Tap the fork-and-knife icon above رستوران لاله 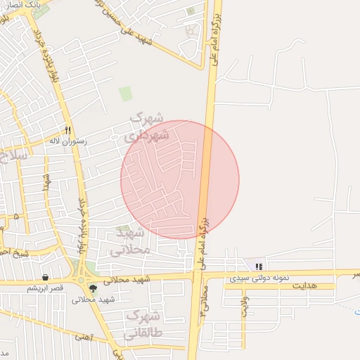(x=67, y=130)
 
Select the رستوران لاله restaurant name (x=67, y=141)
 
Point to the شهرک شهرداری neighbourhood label (x=147, y=127)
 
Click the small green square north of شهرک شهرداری (x=125, y=94)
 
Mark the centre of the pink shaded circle (x=180, y=180)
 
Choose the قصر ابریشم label (x=45, y=288)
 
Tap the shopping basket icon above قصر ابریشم (x=46, y=277)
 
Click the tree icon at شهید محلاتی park (x=93, y=288)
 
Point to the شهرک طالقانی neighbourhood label (x=144, y=324)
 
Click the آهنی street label (x=83, y=337)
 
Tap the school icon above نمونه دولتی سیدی (x=259, y=267)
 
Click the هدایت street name (x=304, y=285)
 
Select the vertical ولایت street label (x=245, y=307)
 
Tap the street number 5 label (x=15, y=217)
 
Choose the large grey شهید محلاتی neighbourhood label (x=131, y=240)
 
